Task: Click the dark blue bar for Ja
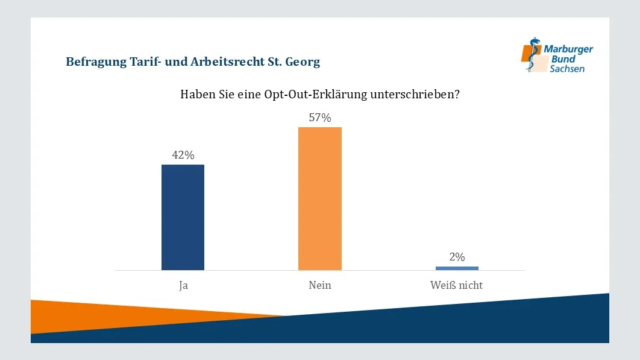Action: [x=183, y=217]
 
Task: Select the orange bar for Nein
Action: [x=319, y=198]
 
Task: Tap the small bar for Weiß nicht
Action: [x=457, y=268]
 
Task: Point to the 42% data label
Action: [x=183, y=155]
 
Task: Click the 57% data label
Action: [x=320, y=118]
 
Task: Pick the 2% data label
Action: [x=457, y=257]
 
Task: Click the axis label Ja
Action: [x=183, y=285]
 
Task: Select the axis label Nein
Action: [x=319, y=285]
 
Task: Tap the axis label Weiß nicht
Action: [x=456, y=285]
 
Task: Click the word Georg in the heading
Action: [x=303, y=62]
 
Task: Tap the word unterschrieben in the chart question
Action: [x=412, y=95]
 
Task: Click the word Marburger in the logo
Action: [x=568, y=49]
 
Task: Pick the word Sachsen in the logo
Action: [x=566, y=69]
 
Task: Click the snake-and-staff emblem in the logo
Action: [x=533, y=55]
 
